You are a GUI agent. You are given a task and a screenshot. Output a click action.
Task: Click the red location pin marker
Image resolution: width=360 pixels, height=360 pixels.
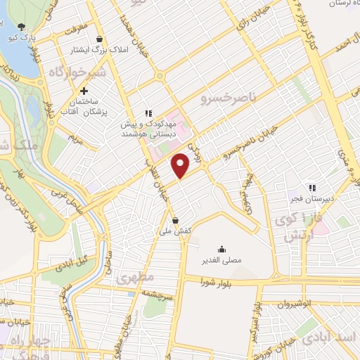pyautogui.click(x=181, y=165)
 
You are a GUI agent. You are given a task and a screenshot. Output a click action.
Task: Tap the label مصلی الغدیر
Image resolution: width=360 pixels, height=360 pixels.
pyautogui.click(x=222, y=259)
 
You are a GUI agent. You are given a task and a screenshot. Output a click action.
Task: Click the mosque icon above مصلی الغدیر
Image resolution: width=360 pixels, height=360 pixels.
pyautogui.click(x=222, y=248)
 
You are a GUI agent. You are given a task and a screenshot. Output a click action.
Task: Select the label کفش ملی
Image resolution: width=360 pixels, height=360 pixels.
pyautogui.click(x=174, y=229)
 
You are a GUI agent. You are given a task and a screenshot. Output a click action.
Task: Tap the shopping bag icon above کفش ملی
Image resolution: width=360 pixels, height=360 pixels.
pyautogui.click(x=174, y=219)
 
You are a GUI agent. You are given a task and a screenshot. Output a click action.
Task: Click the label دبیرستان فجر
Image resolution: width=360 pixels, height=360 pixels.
pyautogui.click(x=312, y=199)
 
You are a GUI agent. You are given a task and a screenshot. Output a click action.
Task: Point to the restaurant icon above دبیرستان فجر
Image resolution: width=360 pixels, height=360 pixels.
pyautogui.click(x=312, y=188)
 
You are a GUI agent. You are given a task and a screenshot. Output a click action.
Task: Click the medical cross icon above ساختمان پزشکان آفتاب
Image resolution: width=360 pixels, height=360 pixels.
pyautogui.click(x=84, y=91)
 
